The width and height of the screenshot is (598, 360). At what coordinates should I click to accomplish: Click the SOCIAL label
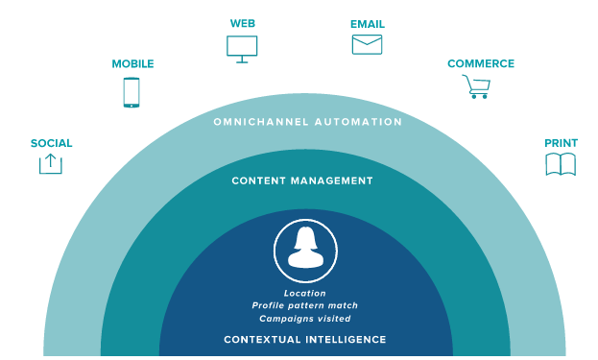point(52,143)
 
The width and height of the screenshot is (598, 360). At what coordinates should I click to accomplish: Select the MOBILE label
point(132,63)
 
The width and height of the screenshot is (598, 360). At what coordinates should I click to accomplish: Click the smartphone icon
point(132,93)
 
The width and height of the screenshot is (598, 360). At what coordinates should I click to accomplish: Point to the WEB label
point(243,24)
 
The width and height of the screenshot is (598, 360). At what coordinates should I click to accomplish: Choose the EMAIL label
point(368,24)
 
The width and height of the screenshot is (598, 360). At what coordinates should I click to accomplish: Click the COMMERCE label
point(481,63)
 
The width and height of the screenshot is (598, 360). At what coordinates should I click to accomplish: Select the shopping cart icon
point(477,87)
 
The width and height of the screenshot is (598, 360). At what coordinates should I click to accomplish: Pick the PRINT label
point(561,143)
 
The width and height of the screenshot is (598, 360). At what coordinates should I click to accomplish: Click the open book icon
point(561,165)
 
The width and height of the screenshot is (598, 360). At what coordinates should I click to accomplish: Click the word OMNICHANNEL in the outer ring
point(261,122)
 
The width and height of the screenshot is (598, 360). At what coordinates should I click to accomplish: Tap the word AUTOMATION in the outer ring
point(358,122)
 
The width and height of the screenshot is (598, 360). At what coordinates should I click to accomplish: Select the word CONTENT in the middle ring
point(259,180)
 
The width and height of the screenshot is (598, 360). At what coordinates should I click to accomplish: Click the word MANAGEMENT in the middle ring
point(332,180)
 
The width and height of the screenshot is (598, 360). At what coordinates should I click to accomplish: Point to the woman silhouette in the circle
point(306,248)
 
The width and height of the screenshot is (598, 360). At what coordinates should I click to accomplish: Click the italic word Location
point(304,293)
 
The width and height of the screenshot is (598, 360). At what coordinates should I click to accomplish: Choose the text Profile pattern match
point(304,305)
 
